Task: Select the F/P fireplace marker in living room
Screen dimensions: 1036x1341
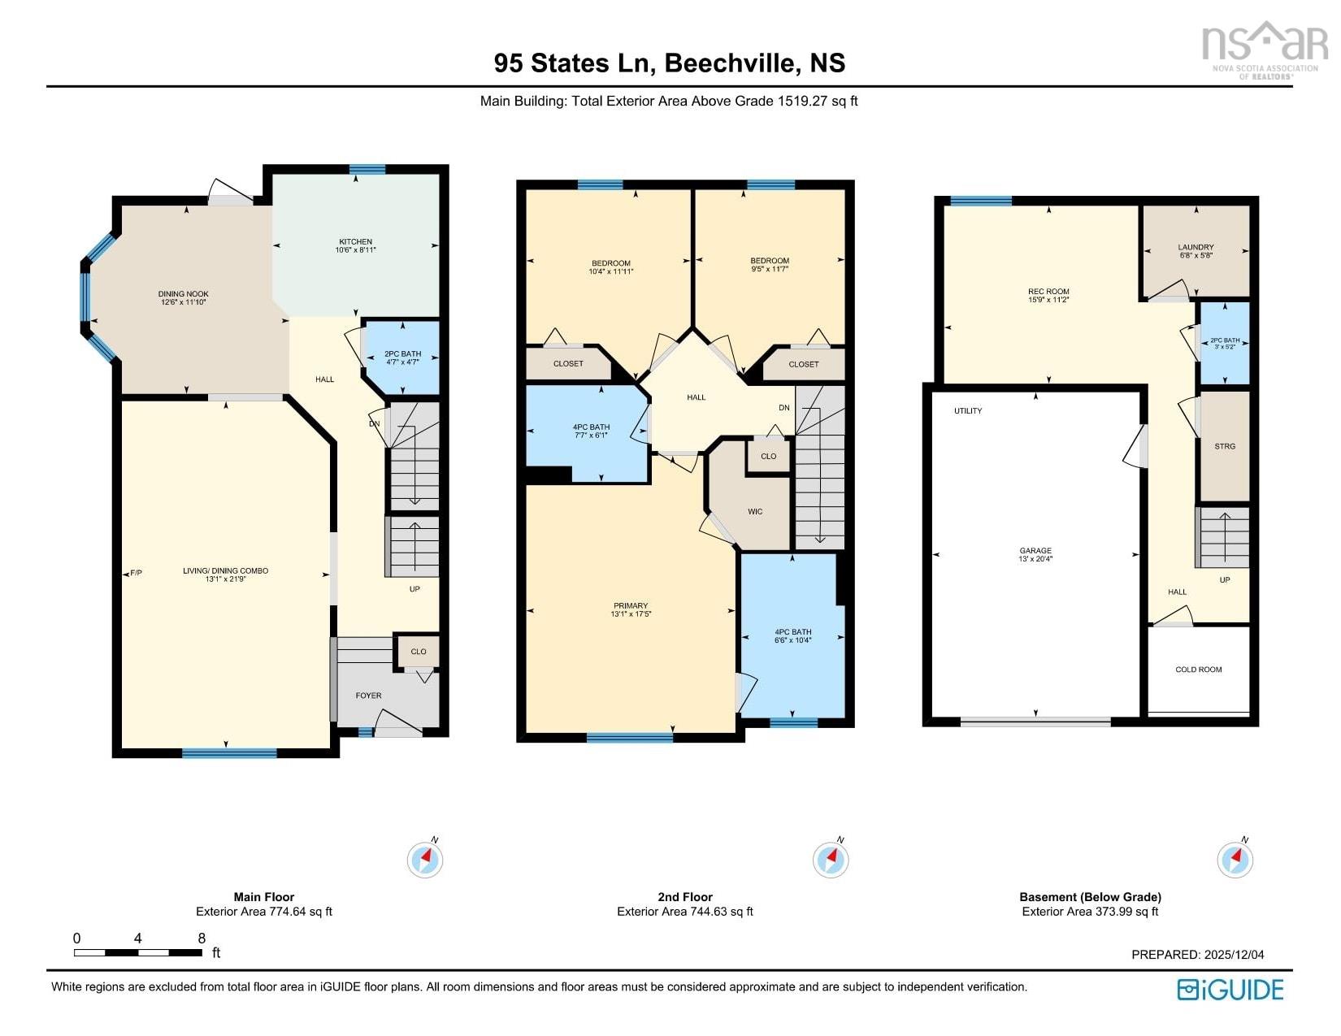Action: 136,573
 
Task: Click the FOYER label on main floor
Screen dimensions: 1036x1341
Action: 368,696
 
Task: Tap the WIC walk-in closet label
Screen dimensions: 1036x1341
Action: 755,511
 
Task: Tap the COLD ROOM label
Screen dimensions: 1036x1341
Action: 1198,670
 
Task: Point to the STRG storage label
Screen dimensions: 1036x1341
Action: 1224,446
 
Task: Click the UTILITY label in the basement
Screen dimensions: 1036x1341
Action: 968,411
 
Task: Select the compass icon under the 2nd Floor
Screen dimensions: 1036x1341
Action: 831,859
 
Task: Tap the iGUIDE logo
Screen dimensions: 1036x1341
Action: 1230,989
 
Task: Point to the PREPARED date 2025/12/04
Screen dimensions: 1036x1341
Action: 1197,955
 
